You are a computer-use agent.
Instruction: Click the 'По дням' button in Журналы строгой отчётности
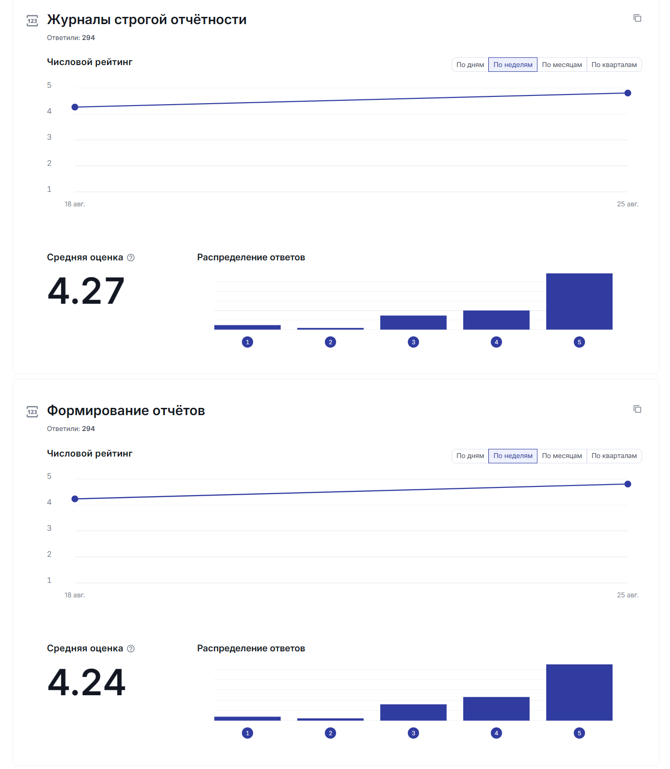point(470,65)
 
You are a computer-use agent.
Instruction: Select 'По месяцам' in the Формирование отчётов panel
point(562,456)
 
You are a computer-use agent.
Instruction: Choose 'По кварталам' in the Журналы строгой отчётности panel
point(614,65)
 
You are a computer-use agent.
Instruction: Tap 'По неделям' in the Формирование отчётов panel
point(512,456)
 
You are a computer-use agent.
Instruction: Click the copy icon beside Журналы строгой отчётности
point(637,18)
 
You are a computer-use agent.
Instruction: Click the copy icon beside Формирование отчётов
point(637,409)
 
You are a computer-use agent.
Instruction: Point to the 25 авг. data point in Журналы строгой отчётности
point(628,93)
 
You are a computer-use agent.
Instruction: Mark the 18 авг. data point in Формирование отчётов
point(75,499)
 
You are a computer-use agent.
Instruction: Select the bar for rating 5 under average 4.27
point(579,301)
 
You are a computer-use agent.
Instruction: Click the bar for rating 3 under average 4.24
point(413,712)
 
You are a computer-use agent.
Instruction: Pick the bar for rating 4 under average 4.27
point(496,320)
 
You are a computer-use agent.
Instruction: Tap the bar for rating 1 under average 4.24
point(247,718)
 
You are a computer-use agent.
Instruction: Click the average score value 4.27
point(86,291)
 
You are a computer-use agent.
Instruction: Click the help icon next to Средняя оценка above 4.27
point(131,257)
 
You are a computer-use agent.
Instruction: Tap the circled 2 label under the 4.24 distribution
point(330,733)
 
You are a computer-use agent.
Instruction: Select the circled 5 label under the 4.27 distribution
point(579,342)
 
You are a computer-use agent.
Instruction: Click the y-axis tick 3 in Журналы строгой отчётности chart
point(49,137)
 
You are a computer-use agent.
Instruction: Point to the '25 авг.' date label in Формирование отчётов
point(628,595)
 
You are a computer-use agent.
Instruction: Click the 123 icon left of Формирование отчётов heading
point(32,412)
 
